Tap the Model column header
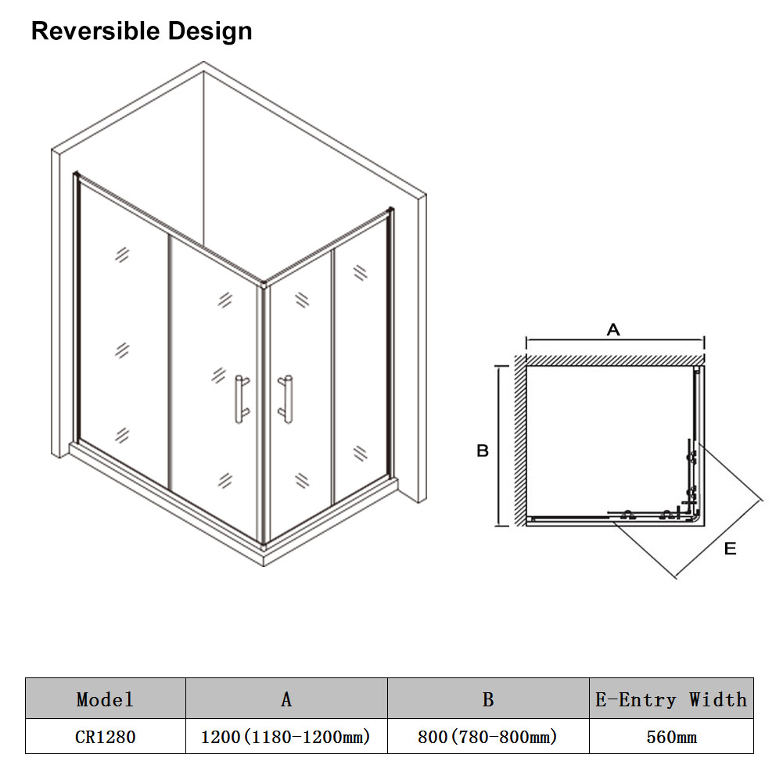coord(106,699)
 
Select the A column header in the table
coord(286,699)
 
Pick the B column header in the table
coord(488,699)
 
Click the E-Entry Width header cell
coord(671,699)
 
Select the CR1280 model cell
coord(106,737)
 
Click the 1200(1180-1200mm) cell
coord(286,737)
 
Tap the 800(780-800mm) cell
coord(487,737)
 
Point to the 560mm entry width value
coord(672,737)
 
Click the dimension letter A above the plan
coord(613,329)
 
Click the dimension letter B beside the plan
coord(483,451)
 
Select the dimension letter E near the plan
coord(730,549)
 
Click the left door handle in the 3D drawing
coord(242,400)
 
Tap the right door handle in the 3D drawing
coord(286,399)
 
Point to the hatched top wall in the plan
coord(615,360)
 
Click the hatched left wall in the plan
coord(520,440)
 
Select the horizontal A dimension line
coord(615,341)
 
